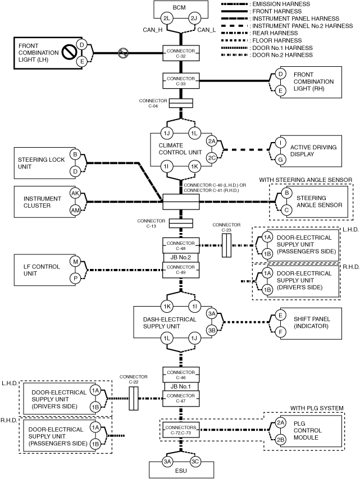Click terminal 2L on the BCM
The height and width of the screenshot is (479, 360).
click(167, 19)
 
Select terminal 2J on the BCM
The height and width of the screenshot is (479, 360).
click(194, 19)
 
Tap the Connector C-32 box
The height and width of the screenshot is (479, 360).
click(181, 53)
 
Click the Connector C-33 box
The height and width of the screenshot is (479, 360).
click(181, 81)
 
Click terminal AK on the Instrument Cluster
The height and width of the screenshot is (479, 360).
click(75, 193)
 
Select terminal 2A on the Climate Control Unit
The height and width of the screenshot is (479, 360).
click(212, 141)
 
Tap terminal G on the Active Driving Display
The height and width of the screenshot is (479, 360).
click(281, 159)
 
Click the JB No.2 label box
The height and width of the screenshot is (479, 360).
click(180, 258)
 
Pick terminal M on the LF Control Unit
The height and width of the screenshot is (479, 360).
click(75, 262)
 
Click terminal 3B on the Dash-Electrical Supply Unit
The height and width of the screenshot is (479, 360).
click(212, 331)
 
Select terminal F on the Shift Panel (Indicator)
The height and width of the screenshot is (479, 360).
click(281, 332)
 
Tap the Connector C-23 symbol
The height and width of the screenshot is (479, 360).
click(226, 245)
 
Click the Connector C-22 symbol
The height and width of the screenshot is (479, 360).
click(134, 398)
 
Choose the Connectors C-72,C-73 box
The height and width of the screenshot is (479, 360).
click(181, 430)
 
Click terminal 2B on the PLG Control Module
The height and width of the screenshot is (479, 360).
click(281, 440)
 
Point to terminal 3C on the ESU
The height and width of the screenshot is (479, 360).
click(195, 462)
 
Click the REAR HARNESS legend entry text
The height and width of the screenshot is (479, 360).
click(275, 33)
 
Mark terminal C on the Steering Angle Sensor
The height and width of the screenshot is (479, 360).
click(286, 210)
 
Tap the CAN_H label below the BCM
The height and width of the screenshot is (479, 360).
click(153, 30)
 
